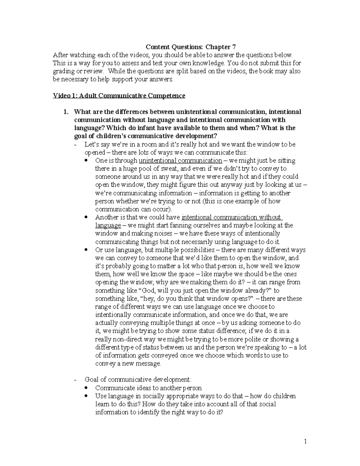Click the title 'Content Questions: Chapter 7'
[x=190, y=47]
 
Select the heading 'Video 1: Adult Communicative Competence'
[x=119, y=96]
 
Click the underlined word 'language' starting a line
[x=108, y=225]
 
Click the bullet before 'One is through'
[x=86, y=160]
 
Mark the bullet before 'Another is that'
[x=86, y=217]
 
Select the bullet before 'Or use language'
[x=86, y=249]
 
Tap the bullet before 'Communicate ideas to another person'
[x=86, y=388]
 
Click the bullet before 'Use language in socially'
[x=86, y=396]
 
